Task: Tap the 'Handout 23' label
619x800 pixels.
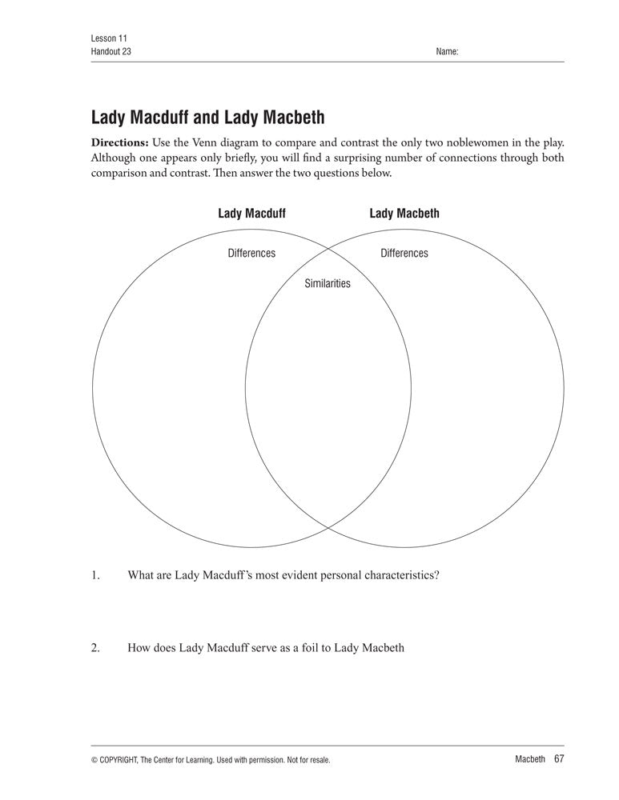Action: coord(111,51)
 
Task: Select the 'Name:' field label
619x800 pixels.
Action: coord(447,51)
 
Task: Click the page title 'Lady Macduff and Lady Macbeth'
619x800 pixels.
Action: coord(208,118)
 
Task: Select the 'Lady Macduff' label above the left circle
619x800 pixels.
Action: coord(251,214)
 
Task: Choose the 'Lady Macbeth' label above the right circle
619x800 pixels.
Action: coord(404,214)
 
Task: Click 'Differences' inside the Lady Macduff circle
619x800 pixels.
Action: coord(251,254)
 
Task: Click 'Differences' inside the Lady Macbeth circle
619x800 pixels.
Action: coord(404,254)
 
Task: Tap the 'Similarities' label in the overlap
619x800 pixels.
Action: coord(328,283)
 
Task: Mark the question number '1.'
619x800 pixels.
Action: coord(95,574)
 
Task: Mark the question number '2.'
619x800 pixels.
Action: coord(95,648)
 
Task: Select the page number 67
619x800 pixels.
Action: coord(559,758)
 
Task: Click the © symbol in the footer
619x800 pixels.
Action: coord(95,760)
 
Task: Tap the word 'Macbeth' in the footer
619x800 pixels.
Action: coord(529,759)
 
